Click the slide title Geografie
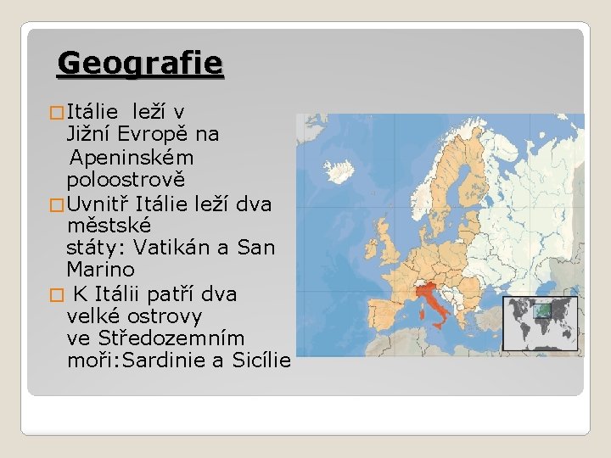pyautogui.click(x=140, y=63)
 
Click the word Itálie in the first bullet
pyautogui.click(x=94, y=111)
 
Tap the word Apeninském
pyautogui.click(x=132, y=158)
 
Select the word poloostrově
pyautogui.click(x=126, y=181)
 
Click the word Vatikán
pyautogui.click(x=169, y=249)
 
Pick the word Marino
pyautogui.click(x=100, y=271)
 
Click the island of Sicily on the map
pyautogui.click(x=442, y=334)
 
